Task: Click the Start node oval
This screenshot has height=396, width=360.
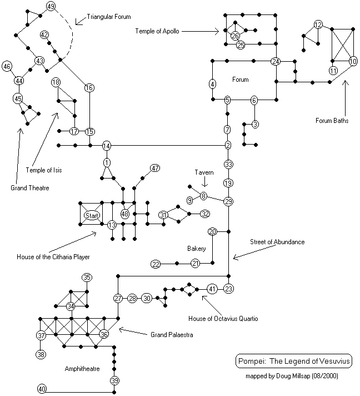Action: (x=91, y=215)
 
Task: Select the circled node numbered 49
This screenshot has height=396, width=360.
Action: (x=51, y=7)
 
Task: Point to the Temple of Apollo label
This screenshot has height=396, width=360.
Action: (x=157, y=32)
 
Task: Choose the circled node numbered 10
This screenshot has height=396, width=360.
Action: (x=353, y=61)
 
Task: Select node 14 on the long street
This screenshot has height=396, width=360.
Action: (x=107, y=146)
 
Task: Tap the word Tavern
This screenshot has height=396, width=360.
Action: (x=204, y=173)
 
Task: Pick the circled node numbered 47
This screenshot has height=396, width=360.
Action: (x=155, y=168)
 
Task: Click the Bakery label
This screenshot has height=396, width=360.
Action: (x=196, y=249)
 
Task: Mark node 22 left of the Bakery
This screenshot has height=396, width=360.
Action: (x=156, y=264)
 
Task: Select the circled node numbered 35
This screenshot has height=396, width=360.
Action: (x=87, y=277)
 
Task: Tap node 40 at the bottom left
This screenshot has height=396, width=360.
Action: (x=42, y=389)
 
